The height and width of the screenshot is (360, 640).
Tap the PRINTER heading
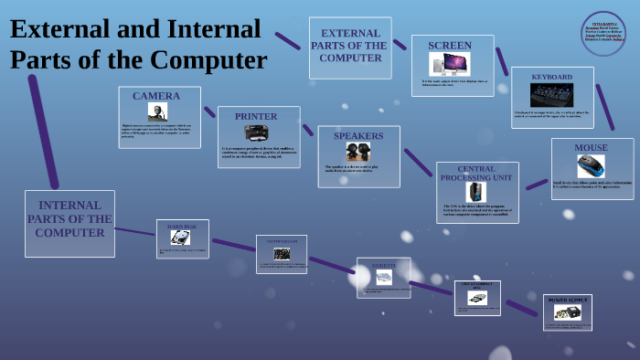click(x=256, y=116)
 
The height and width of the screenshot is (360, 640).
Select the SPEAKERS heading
click(x=358, y=136)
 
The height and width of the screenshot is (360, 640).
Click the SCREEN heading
click(x=450, y=46)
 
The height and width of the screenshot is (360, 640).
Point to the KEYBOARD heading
click(x=552, y=77)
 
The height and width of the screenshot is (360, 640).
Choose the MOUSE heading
click(x=591, y=148)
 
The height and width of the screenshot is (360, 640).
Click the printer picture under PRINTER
click(x=257, y=132)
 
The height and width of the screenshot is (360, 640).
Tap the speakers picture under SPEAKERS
click(x=357, y=152)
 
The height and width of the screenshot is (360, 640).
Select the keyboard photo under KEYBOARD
click(x=552, y=95)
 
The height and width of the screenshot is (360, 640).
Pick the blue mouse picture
click(x=591, y=166)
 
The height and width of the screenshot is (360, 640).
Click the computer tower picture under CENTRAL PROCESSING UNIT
click(x=476, y=192)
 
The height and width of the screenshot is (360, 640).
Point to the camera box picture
click(x=157, y=111)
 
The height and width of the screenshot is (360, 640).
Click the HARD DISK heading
click(x=182, y=226)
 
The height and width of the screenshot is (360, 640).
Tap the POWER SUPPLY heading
click(x=567, y=300)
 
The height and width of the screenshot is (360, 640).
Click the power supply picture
click(x=567, y=312)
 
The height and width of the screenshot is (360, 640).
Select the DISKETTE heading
click(x=384, y=265)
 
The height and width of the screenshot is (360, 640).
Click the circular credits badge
click(x=603, y=34)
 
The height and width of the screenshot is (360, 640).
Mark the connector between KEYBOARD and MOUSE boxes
click(x=605, y=107)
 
